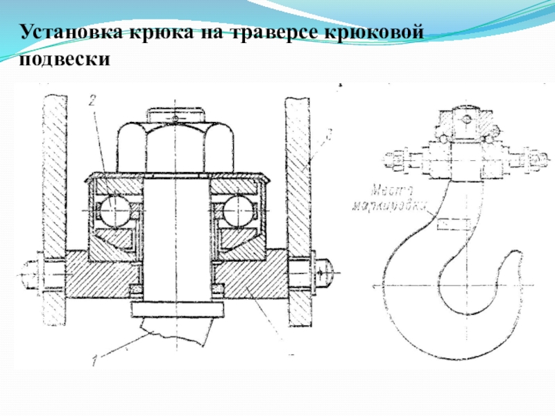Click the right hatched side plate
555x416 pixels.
click(x=298, y=208)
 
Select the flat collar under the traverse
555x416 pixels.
click(x=176, y=309)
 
